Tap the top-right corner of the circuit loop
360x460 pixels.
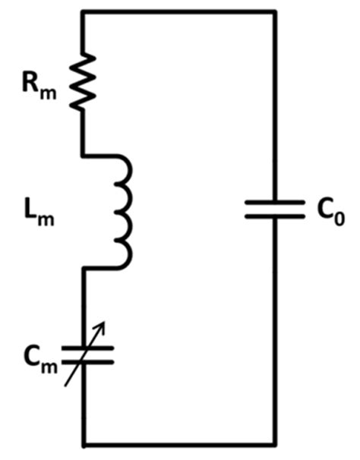(275, 11)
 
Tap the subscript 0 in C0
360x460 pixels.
(339, 218)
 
